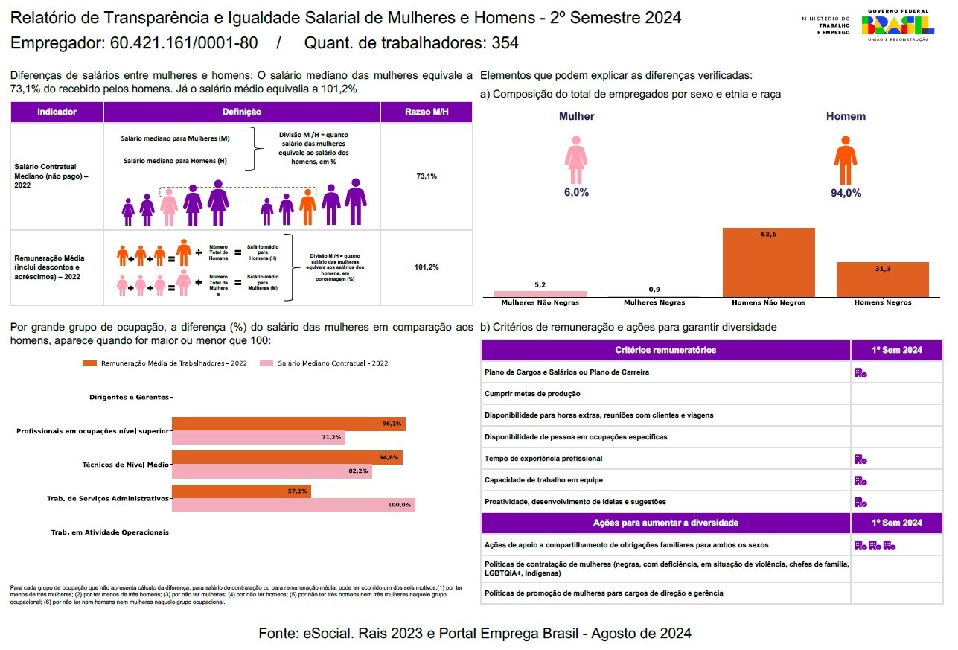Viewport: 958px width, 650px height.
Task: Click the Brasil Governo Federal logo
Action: pyautogui.click(x=898, y=25)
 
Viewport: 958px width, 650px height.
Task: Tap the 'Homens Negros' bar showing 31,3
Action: pyautogui.click(x=882, y=280)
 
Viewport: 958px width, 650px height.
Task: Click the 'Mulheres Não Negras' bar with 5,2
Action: pyautogui.click(x=540, y=294)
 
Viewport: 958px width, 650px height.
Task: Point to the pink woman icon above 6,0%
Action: pyautogui.click(x=576, y=160)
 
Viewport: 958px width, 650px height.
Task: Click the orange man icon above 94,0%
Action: pyautogui.click(x=845, y=160)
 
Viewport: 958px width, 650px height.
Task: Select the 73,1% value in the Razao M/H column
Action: pyautogui.click(x=427, y=176)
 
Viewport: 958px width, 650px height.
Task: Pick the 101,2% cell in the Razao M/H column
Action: pyautogui.click(x=427, y=267)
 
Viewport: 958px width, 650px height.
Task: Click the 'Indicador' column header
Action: pyautogui.click(x=57, y=112)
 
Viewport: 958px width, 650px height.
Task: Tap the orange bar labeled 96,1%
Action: pyautogui.click(x=288, y=424)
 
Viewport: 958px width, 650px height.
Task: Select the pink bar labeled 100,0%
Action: pyautogui.click(x=293, y=505)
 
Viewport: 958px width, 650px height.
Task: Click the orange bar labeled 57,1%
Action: pyautogui.click(x=241, y=491)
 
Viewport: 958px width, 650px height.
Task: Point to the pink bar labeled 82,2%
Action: pyautogui.click(x=272, y=471)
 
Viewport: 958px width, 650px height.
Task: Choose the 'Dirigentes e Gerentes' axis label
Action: pyautogui.click(x=129, y=398)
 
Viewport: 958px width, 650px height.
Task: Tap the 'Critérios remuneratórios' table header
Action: pyautogui.click(x=665, y=350)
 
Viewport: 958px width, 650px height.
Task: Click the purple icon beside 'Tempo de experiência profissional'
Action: pyautogui.click(x=860, y=459)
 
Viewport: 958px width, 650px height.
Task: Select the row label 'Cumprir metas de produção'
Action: pyautogui.click(x=532, y=394)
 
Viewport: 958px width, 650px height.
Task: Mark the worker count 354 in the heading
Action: pyautogui.click(x=505, y=43)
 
